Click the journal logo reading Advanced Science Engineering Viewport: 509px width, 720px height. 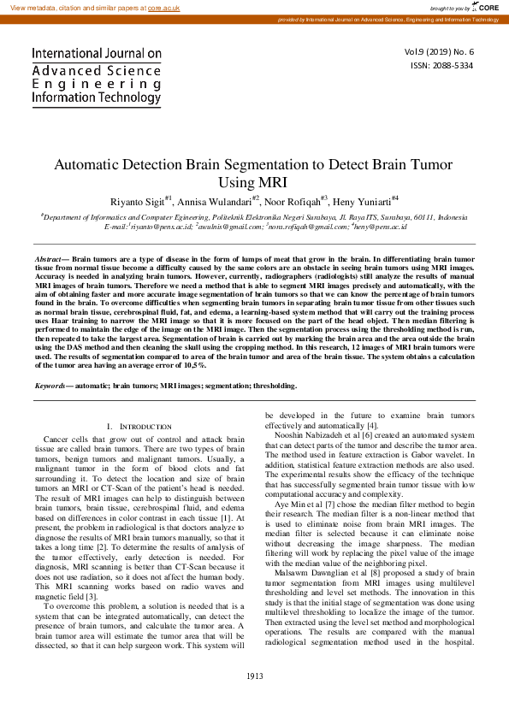coord(96,76)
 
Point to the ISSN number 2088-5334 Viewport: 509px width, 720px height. coord(453,65)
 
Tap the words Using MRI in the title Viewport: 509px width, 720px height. coord(254,182)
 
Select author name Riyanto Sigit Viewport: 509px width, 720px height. coord(138,201)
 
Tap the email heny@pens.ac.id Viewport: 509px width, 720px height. coord(379,227)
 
